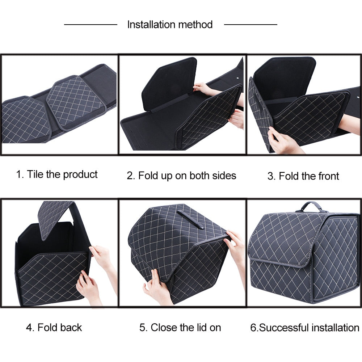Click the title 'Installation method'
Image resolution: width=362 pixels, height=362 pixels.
point(170,25)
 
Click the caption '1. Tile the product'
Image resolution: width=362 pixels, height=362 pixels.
point(57,174)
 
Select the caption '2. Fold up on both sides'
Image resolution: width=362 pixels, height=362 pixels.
point(181,176)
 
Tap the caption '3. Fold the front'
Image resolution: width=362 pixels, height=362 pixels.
point(303,176)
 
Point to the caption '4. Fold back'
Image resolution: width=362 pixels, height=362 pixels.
point(54,328)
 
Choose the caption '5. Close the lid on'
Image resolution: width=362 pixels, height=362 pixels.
point(180,328)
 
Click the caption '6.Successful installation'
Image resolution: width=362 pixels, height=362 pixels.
point(304,328)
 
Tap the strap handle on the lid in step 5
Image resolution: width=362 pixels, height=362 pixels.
point(190,218)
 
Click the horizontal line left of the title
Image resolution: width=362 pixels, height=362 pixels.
point(90,25)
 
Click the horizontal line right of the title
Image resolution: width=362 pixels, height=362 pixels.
point(251,25)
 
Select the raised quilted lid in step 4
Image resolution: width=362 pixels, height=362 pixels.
point(54,217)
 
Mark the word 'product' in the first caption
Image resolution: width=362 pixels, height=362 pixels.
point(80,174)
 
